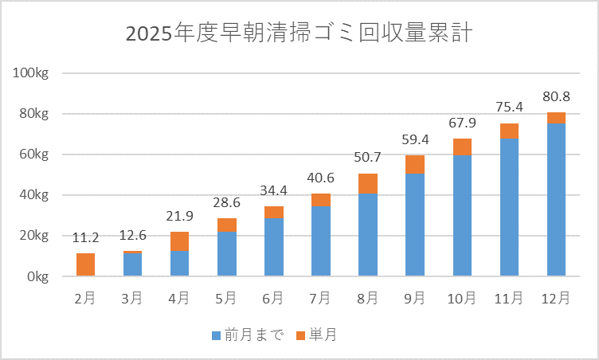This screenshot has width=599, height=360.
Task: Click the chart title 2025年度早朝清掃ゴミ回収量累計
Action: tap(299, 34)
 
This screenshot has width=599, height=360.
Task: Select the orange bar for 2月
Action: tap(86, 264)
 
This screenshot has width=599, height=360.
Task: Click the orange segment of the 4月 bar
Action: tap(179, 241)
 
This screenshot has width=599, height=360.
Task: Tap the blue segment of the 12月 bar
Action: tap(556, 199)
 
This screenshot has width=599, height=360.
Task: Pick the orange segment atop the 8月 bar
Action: tap(368, 183)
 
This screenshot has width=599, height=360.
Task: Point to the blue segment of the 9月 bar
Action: tap(415, 224)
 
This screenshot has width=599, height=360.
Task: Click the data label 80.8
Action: tap(556, 97)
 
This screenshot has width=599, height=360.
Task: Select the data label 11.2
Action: tap(86, 238)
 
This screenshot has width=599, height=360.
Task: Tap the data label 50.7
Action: tap(368, 158)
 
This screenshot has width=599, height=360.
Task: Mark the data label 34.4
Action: tap(273, 191)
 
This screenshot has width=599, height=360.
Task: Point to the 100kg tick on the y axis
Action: tap(32, 73)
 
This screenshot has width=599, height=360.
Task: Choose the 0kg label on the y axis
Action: tap(37, 276)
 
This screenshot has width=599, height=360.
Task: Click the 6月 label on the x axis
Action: tap(273, 298)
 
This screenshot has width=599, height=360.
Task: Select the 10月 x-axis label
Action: tap(461, 298)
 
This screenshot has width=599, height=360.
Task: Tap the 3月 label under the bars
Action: tap(132, 298)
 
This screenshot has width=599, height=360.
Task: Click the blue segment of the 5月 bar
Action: tap(226, 254)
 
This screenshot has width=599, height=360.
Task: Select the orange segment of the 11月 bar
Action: tap(509, 131)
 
